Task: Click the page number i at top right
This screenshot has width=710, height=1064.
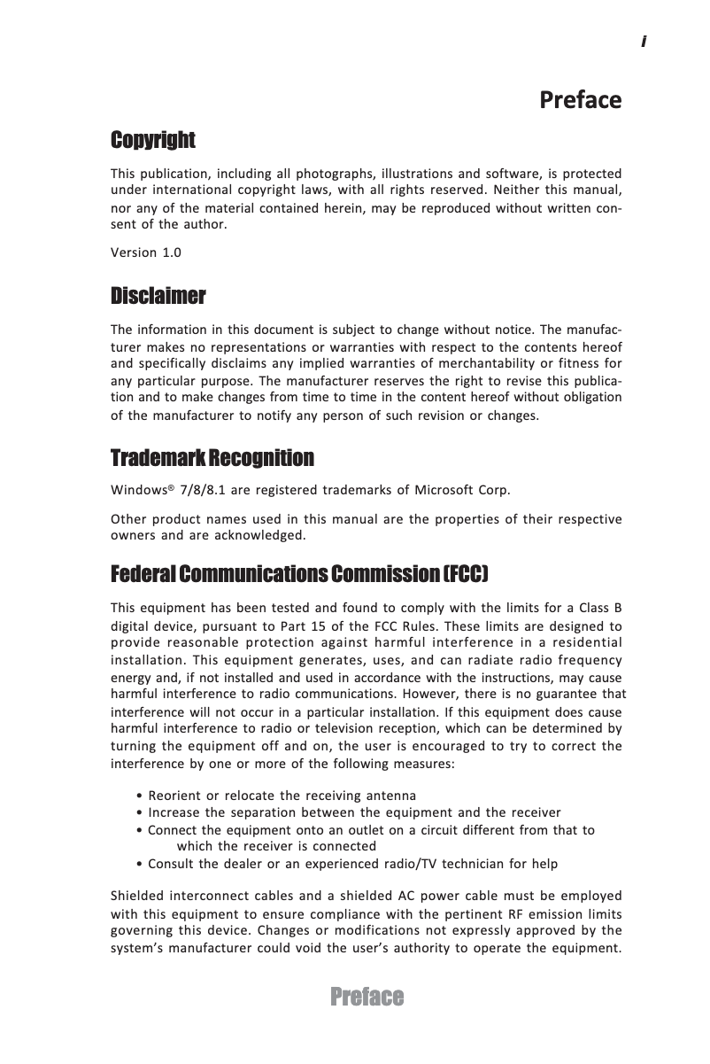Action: click(644, 42)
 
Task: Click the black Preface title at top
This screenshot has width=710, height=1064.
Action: click(580, 99)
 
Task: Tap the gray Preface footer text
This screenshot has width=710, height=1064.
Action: click(367, 998)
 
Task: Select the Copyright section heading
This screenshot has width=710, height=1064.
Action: click(152, 140)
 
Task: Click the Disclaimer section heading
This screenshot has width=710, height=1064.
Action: click(158, 294)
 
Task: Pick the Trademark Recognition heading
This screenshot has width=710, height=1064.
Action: click(212, 458)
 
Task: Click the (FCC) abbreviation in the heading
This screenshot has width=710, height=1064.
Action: click(465, 575)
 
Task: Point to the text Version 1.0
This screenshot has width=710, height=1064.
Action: click(145, 252)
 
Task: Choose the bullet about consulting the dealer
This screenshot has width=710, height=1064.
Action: click(348, 864)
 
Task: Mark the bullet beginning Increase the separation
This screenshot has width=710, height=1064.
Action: click(350, 812)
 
